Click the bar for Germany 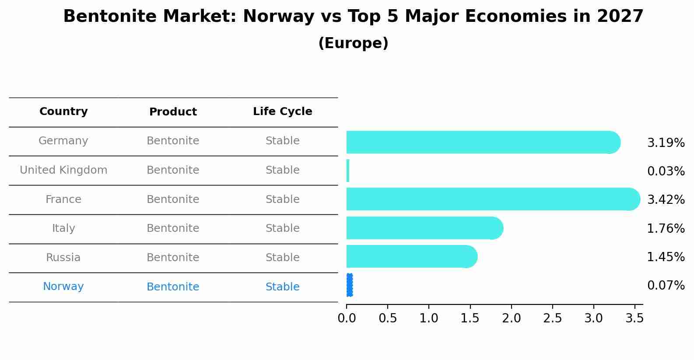point(481,142)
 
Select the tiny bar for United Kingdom point(348,171)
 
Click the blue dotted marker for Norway point(349,285)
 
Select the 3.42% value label point(666,200)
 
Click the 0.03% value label point(666,171)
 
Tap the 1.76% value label point(666,229)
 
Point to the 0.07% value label point(666,286)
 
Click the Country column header point(63,112)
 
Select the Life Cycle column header point(282,112)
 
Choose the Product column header point(173,112)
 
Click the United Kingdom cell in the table point(63,170)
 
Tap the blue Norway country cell point(63,287)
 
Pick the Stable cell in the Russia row point(282,258)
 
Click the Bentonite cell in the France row point(173,199)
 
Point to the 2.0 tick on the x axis point(511,318)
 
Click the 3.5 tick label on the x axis point(634,318)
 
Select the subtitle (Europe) point(353,43)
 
